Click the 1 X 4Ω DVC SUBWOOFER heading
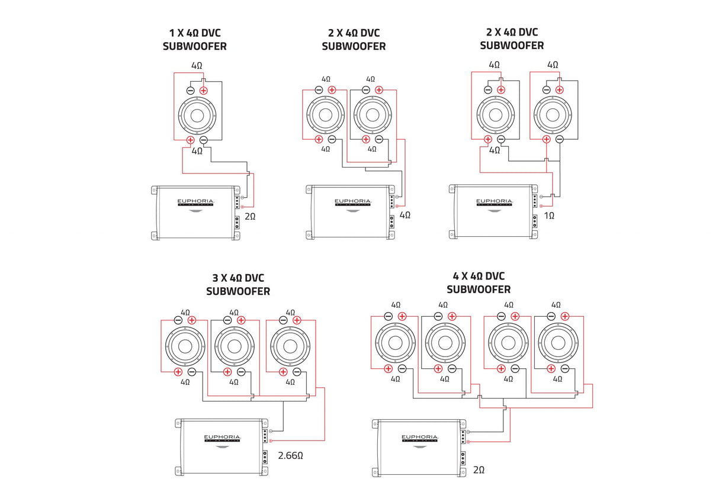coord(194,39)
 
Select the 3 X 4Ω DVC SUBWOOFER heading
coord(238,284)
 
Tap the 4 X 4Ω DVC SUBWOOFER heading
coord(478,282)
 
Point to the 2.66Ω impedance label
coord(291,456)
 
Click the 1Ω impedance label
coord(550,216)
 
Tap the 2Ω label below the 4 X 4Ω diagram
coord(479,470)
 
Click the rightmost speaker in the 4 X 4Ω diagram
coord(558,342)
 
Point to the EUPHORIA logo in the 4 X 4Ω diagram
coord(422,436)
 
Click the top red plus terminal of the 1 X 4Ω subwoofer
coord(204,91)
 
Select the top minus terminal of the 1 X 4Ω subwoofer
coord(191,91)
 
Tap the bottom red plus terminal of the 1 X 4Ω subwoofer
coord(191,140)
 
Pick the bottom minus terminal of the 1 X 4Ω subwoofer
coord(204,140)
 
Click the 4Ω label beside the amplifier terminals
coord(405,215)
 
